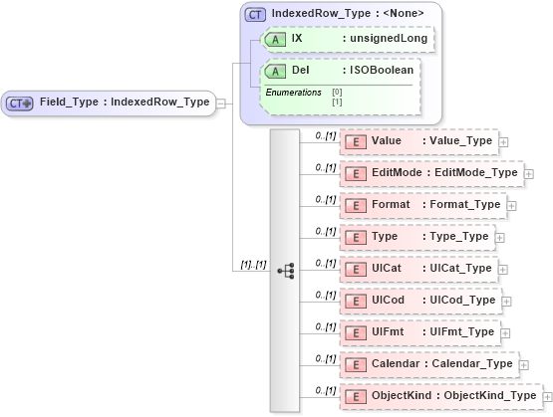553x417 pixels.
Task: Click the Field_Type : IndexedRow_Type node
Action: [110, 103]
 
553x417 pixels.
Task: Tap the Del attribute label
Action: [300, 71]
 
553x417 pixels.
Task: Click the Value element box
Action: [419, 141]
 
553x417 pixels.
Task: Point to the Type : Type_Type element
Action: [417, 237]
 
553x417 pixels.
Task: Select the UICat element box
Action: [419, 269]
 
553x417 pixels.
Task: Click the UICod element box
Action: [420, 301]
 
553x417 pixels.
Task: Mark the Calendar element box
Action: [429, 364]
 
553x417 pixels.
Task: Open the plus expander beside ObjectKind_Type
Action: [547, 396]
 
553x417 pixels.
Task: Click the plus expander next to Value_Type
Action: [503, 141]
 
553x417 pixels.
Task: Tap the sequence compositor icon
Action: [285, 270]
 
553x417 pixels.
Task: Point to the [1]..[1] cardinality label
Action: [252, 265]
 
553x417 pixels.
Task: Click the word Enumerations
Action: [292, 93]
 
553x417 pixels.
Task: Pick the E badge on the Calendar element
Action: [356, 364]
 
